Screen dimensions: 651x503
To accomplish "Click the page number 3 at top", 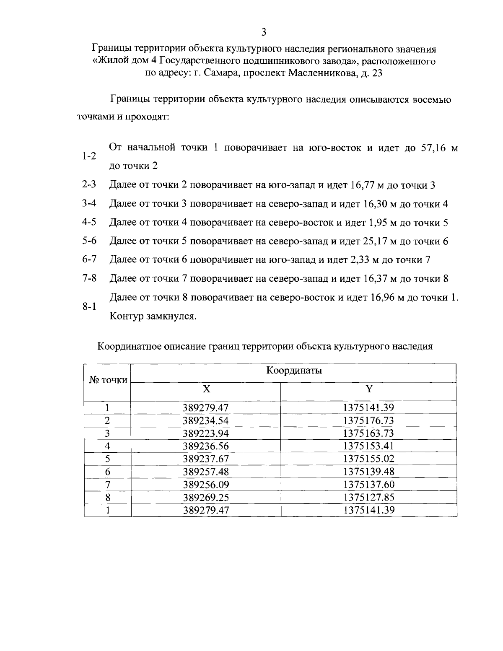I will pyautogui.click(x=263, y=32).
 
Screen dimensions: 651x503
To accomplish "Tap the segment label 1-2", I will pyautogui.click(x=89, y=157).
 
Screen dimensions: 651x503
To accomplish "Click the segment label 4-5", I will pyautogui.click(x=89, y=222).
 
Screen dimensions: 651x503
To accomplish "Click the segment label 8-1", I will pyautogui.click(x=89, y=306).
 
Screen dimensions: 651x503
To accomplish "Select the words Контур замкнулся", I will pyautogui.click(x=153, y=316).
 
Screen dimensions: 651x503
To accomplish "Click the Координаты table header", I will pyautogui.click(x=294, y=371).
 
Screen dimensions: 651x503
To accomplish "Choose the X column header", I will pyautogui.click(x=206, y=389).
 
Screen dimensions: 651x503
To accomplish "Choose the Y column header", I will pyautogui.click(x=369, y=389).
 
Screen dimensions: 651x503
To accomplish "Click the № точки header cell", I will pyautogui.click(x=108, y=380).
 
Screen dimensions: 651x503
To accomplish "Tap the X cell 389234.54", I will pyautogui.click(x=206, y=420).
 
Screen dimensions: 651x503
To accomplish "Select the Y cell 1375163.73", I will pyautogui.click(x=369, y=433).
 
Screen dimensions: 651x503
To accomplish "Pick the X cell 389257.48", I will pyautogui.click(x=206, y=472).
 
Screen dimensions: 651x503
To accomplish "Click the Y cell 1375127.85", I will pyautogui.click(x=369, y=497).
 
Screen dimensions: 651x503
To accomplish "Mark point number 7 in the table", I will pyautogui.click(x=107, y=485).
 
